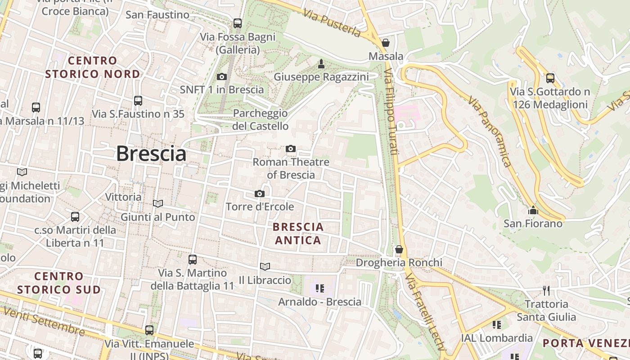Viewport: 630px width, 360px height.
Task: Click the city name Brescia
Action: (151, 154)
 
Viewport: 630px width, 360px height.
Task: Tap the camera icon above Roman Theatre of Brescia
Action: (291, 148)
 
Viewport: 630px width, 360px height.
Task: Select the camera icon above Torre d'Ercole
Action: (259, 193)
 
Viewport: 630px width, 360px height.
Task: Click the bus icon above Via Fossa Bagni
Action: (238, 23)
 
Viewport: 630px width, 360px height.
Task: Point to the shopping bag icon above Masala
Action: (385, 43)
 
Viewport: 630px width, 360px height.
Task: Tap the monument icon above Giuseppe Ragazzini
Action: (321, 64)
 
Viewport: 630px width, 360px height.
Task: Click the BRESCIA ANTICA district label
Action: (298, 234)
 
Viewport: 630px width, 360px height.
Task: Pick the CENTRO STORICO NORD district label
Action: (93, 67)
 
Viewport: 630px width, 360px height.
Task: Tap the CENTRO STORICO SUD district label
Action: (59, 283)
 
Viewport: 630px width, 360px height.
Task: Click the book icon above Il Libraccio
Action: (265, 266)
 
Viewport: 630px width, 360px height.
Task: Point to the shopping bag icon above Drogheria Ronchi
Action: (399, 249)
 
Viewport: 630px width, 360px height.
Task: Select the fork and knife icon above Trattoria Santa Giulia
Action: (546, 290)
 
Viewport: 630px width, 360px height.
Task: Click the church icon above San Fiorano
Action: (533, 210)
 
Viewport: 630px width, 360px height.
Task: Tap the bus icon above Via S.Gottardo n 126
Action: (550, 78)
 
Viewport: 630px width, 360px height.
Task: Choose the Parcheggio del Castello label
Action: (260, 119)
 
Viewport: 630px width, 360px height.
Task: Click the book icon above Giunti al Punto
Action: (157, 203)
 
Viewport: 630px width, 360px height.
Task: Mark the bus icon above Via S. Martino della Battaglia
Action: (193, 259)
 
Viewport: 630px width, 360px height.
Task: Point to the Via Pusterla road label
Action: (332, 23)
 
